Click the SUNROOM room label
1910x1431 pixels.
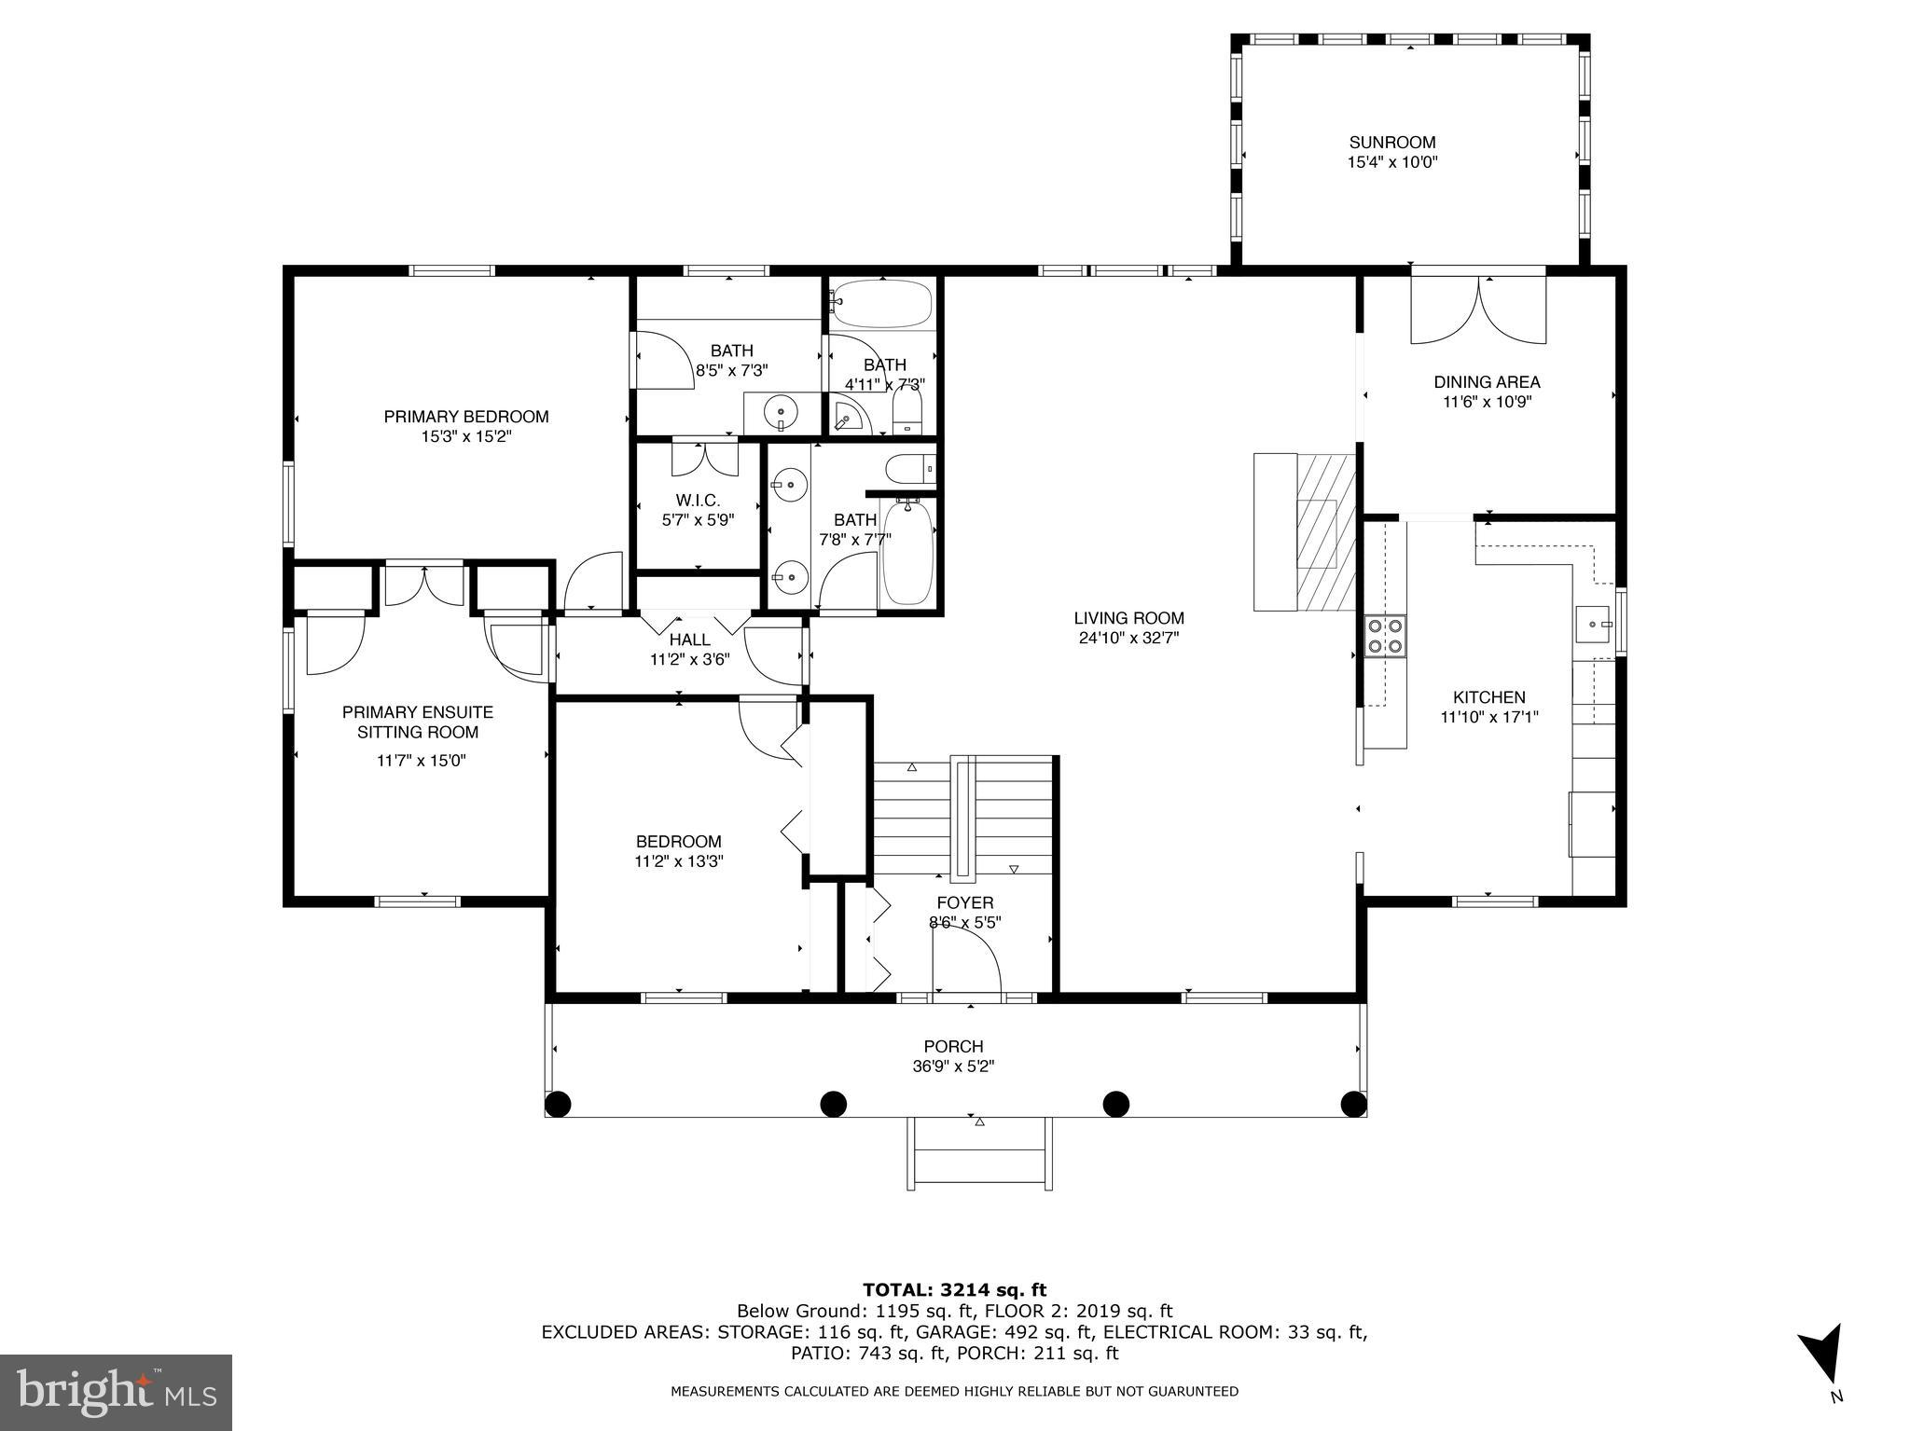click(1391, 143)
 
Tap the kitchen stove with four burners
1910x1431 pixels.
click(1385, 637)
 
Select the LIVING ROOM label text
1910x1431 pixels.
click(1128, 618)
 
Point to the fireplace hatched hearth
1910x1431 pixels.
click(1325, 532)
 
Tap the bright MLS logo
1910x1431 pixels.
click(116, 1392)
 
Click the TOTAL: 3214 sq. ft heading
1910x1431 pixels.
click(954, 1290)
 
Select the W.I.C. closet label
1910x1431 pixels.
click(698, 501)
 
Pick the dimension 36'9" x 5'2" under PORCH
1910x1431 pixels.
click(953, 1066)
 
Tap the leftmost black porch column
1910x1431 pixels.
click(558, 1104)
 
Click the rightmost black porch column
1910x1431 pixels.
click(1353, 1104)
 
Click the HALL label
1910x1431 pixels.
click(689, 640)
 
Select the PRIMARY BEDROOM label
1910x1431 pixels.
click(465, 417)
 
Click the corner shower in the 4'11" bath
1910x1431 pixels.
click(849, 415)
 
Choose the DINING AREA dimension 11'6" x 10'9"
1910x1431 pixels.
click(1487, 403)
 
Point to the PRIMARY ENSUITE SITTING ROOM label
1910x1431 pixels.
click(418, 722)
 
